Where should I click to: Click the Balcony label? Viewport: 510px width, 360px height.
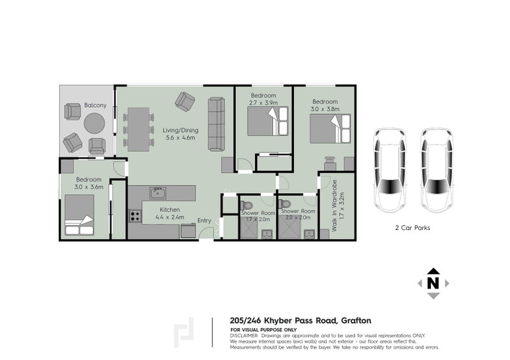tap(95, 105)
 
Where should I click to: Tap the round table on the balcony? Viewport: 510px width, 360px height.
tap(94, 123)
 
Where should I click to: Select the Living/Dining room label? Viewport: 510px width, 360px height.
tap(180, 131)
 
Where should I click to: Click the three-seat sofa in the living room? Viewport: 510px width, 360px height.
tap(216, 124)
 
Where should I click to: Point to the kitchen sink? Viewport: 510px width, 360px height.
tap(157, 193)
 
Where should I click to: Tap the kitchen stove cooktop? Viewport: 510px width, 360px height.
tap(135, 216)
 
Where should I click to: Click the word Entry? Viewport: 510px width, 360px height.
tap(204, 220)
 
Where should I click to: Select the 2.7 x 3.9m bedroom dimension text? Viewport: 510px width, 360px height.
tap(263, 103)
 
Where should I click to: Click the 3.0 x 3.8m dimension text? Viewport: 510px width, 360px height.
tap(325, 109)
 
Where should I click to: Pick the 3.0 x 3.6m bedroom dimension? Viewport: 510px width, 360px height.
tap(89, 187)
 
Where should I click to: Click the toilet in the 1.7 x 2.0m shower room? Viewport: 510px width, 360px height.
tap(246, 206)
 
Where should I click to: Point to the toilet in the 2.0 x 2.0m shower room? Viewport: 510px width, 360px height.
tap(284, 204)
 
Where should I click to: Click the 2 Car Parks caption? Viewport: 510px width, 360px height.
tap(412, 228)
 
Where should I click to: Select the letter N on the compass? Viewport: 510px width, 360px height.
tap(433, 284)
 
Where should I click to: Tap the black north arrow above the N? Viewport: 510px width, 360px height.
tap(433, 271)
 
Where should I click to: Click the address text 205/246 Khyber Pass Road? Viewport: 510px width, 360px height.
tap(283, 320)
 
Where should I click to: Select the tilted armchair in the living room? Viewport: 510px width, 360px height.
tap(184, 101)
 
